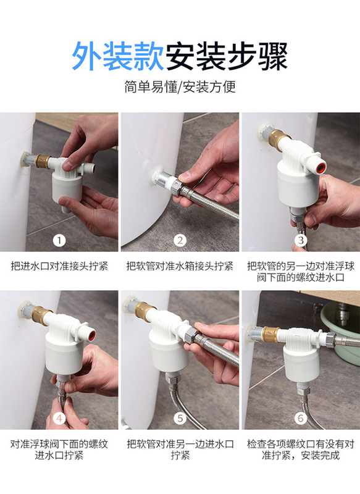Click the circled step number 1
(59, 241)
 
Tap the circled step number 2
(180, 241)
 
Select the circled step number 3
(301, 240)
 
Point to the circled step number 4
(59, 419)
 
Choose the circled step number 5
(180, 419)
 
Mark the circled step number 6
(301, 419)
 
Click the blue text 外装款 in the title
(118, 56)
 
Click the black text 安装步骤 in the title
(227, 56)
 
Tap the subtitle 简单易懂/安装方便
(180, 86)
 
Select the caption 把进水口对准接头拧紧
(59, 266)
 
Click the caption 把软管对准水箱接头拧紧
(180, 266)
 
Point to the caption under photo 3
(301, 272)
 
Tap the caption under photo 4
(59, 450)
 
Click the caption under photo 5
(180, 450)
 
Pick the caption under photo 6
(301, 450)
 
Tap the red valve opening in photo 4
(90, 333)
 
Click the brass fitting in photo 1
(43, 161)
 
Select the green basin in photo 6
(340, 331)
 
